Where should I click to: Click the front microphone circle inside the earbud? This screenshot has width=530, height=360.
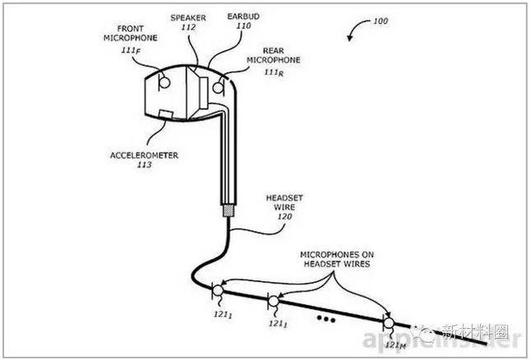[x=164, y=81]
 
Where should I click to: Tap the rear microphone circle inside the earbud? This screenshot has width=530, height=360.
[x=219, y=84]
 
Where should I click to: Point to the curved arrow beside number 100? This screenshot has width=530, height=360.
[x=354, y=30]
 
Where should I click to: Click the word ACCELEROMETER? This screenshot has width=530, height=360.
[x=144, y=155]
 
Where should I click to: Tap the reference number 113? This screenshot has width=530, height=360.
[x=144, y=164]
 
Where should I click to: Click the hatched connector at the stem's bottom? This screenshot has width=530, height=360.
[x=227, y=211]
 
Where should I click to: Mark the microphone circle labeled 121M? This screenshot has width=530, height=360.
[x=387, y=321]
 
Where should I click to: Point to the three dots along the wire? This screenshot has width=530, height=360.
[x=326, y=316]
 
